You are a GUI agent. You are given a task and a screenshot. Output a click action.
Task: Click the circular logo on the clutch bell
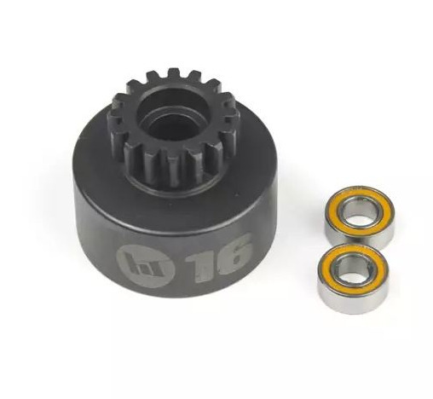[x=138, y=266]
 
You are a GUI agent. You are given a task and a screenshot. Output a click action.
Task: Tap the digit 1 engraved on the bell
[x=201, y=261]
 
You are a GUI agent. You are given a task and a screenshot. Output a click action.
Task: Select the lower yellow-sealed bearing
[x=352, y=278]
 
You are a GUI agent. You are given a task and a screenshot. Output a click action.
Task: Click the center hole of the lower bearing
[x=351, y=270]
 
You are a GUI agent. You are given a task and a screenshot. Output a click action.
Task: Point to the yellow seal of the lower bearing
[x=326, y=269]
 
